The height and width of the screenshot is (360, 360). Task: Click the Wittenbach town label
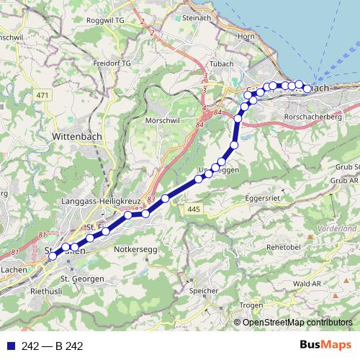pos(80,135)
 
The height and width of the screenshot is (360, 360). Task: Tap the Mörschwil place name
pos(163,120)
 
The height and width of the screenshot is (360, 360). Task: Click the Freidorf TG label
pos(112,63)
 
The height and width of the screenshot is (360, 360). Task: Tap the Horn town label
pos(246,36)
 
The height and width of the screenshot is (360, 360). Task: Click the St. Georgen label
pos(82,278)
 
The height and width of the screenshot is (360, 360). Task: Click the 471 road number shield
pos(42,96)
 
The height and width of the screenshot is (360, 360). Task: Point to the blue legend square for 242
pos(9,346)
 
